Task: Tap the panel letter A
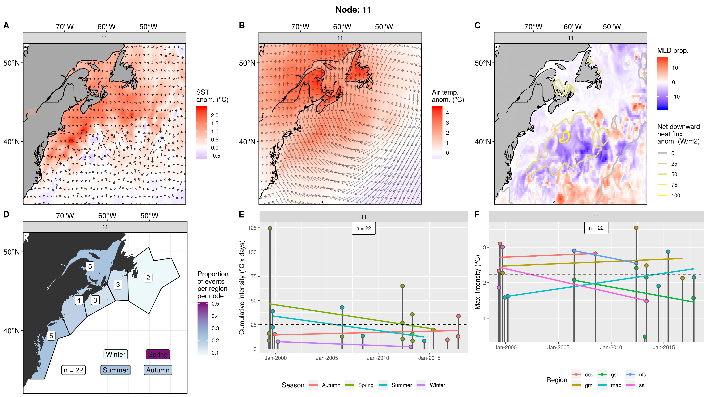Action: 6,25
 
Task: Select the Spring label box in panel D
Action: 158,354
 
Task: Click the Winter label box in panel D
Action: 115,354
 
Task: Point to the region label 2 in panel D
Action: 148,278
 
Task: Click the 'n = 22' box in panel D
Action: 73,370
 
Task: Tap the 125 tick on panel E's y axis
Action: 252,228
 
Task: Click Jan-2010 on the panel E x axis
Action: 378,358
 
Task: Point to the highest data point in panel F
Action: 636,228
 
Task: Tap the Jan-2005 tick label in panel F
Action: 558,347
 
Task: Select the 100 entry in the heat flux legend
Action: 675,195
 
